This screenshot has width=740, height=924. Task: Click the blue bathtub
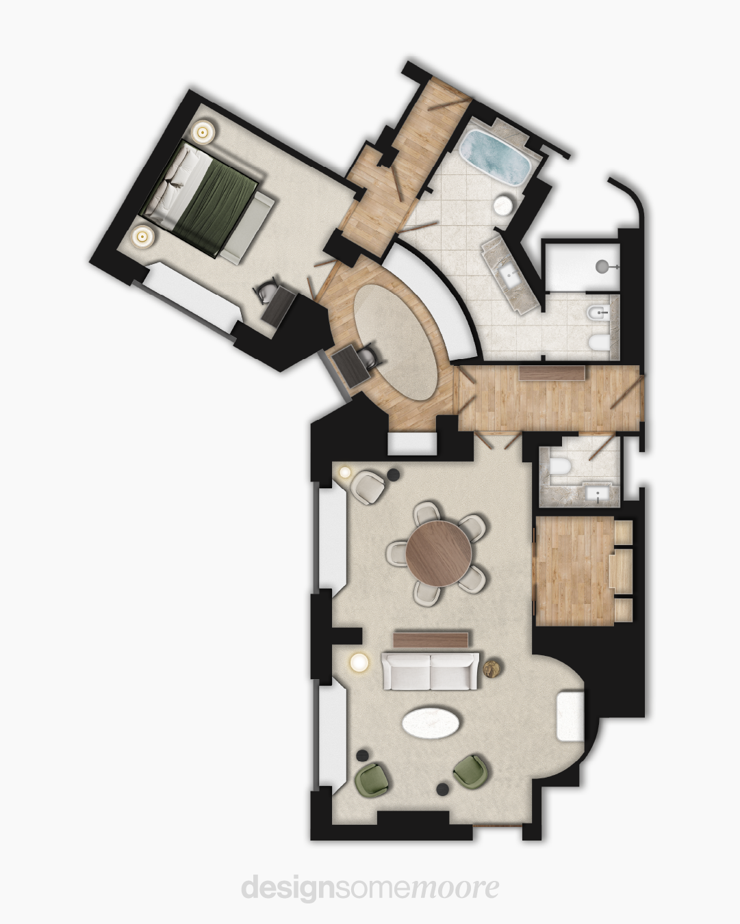(496, 158)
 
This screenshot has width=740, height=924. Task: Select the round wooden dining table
(438, 553)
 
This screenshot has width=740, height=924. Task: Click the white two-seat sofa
(430, 672)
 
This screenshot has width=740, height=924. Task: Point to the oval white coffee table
(431, 724)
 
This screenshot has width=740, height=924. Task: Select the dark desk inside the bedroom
(279, 305)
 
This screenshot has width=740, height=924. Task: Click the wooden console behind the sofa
(431, 639)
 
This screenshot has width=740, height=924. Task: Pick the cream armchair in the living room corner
(366, 487)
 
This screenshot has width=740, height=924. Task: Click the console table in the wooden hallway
(552, 373)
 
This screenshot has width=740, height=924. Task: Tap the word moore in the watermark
(455, 888)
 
